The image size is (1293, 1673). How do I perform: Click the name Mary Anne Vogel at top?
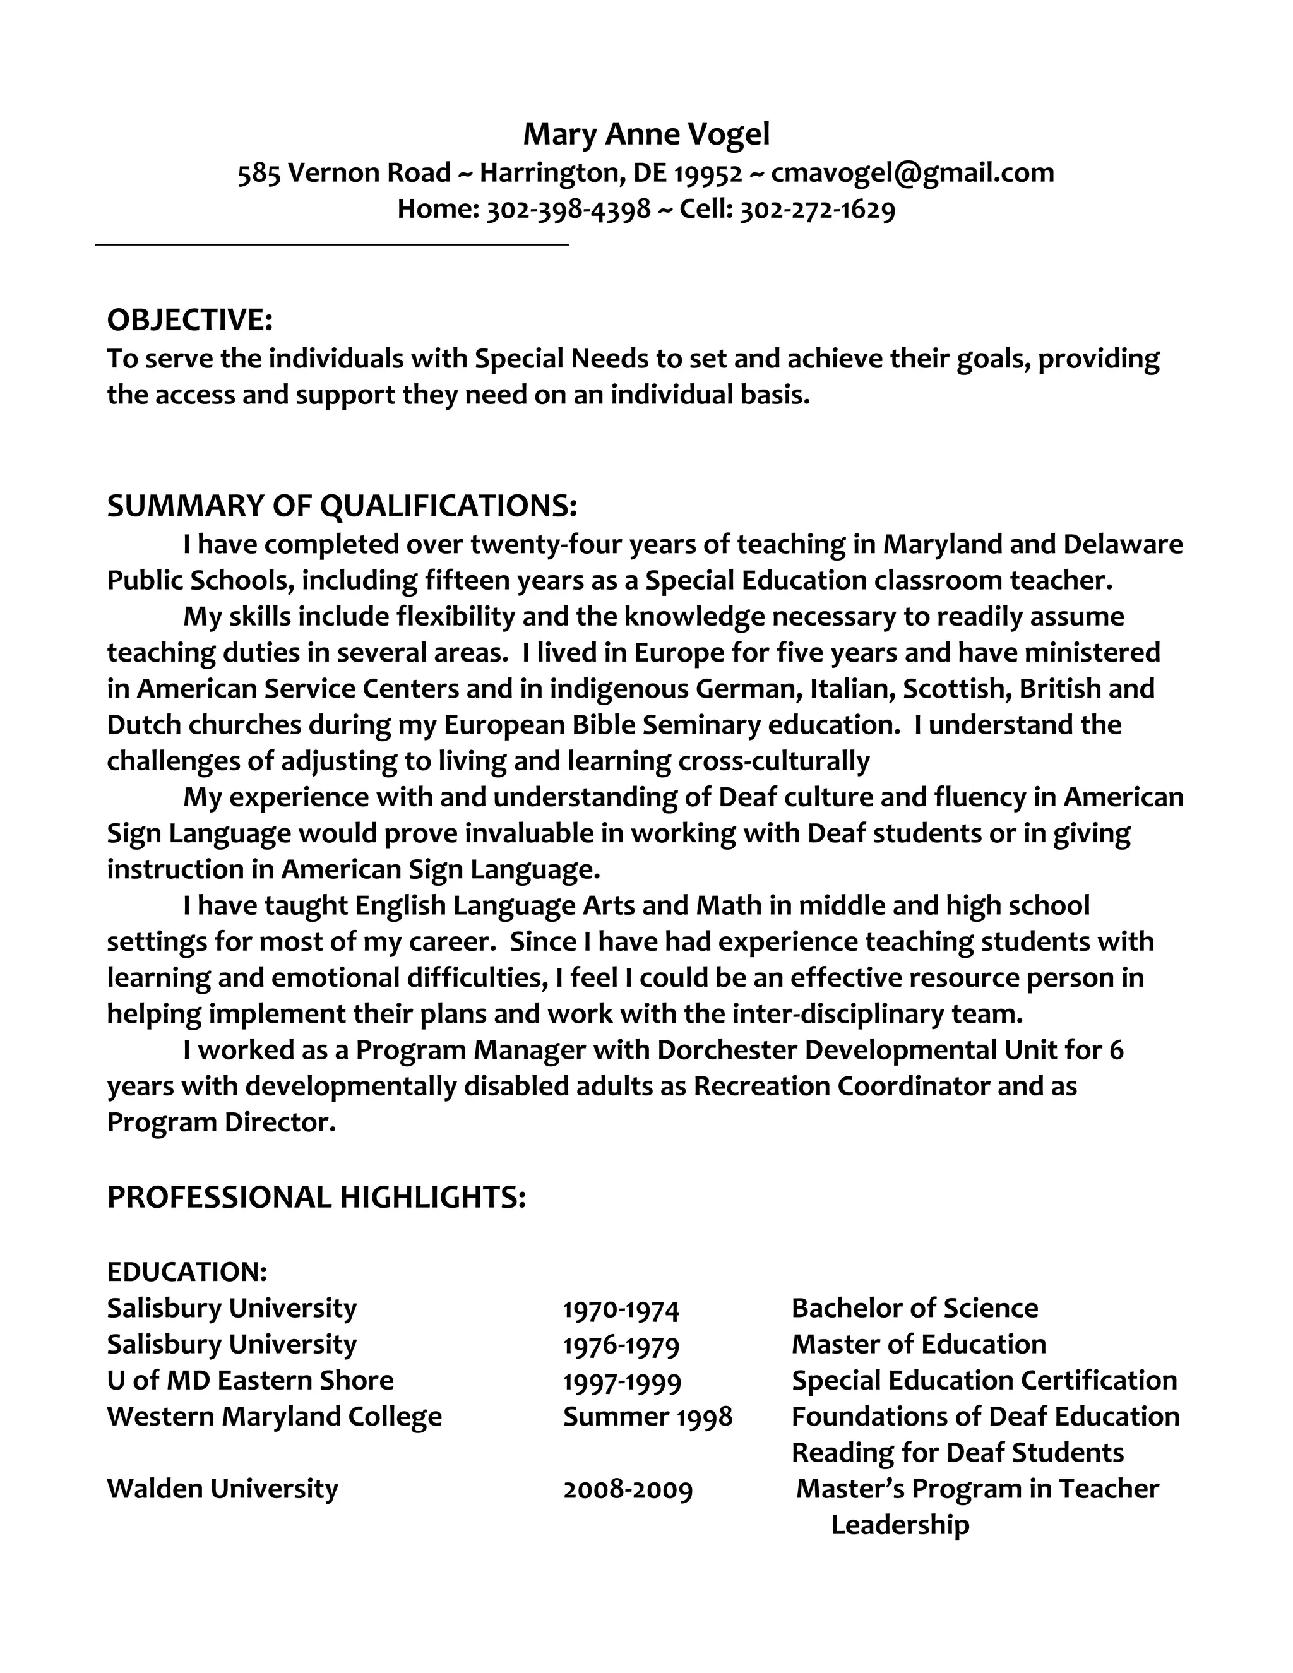pyautogui.click(x=646, y=134)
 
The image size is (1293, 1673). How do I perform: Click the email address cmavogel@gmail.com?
pyautogui.click(x=912, y=172)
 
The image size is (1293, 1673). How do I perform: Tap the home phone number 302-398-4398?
pyautogui.click(x=568, y=209)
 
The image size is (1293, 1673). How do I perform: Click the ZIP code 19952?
pyautogui.click(x=708, y=173)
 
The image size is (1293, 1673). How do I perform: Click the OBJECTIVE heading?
pyautogui.click(x=190, y=319)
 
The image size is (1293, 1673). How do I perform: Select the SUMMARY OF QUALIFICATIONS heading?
pyautogui.click(x=342, y=506)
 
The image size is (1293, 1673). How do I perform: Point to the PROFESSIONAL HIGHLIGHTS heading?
pyautogui.click(x=316, y=1196)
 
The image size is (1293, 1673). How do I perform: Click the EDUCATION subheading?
pyautogui.click(x=187, y=1271)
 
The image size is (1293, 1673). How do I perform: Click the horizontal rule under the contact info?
pyautogui.click(x=331, y=244)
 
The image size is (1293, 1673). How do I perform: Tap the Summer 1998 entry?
pyautogui.click(x=647, y=1417)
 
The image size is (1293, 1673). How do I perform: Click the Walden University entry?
pyautogui.click(x=222, y=1489)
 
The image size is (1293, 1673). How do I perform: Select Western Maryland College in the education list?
pyautogui.click(x=274, y=1417)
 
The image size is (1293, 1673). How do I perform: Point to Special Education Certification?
pyautogui.click(x=984, y=1380)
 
